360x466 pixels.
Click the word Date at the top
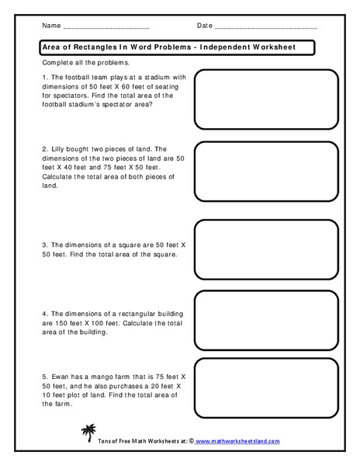(x=205, y=26)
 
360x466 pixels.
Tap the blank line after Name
(x=105, y=28)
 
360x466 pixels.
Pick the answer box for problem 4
(x=266, y=318)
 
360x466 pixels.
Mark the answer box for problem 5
(x=266, y=390)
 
